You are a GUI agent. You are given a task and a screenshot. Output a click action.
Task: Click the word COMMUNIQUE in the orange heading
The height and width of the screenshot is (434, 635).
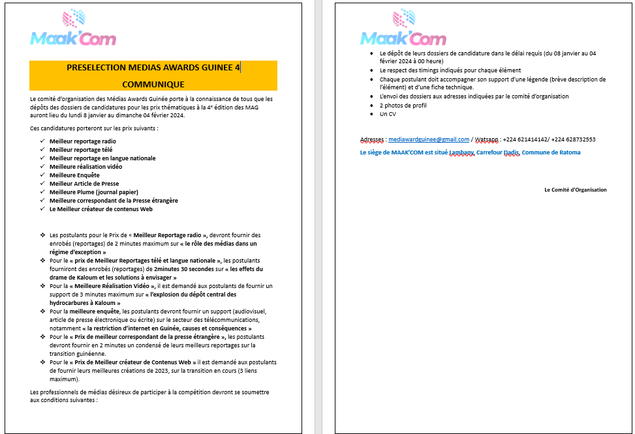tap(153, 84)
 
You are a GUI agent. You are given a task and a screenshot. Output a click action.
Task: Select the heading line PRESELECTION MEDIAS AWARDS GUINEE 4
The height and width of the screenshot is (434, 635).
tap(153, 67)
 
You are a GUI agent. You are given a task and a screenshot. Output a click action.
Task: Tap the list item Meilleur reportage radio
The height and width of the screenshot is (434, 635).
tap(83, 141)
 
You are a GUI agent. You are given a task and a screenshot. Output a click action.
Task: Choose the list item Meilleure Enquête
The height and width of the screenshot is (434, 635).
tap(74, 175)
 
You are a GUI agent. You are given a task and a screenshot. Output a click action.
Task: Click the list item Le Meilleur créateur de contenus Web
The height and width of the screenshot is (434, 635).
tap(101, 209)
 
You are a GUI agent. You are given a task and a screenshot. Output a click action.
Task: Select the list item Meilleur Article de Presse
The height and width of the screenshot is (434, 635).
tap(84, 184)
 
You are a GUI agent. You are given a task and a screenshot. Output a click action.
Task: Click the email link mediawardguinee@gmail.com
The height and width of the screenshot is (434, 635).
tap(429, 139)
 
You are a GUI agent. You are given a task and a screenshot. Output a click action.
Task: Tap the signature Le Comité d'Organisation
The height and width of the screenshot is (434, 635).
tap(575, 190)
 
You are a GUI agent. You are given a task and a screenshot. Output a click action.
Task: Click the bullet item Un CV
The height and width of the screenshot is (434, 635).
tap(388, 114)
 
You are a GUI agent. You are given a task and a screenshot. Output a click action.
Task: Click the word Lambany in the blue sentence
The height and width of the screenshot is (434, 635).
tap(461, 152)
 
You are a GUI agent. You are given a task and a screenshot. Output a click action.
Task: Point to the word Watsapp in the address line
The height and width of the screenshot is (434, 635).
tap(487, 139)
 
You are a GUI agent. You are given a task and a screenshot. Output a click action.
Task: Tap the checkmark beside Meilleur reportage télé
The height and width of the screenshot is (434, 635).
tap(42, 150)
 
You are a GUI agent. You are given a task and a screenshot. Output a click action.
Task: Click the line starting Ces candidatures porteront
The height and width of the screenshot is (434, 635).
tap(94, 128)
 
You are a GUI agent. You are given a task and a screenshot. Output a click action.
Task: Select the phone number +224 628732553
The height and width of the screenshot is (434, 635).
tap(574, 139)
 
